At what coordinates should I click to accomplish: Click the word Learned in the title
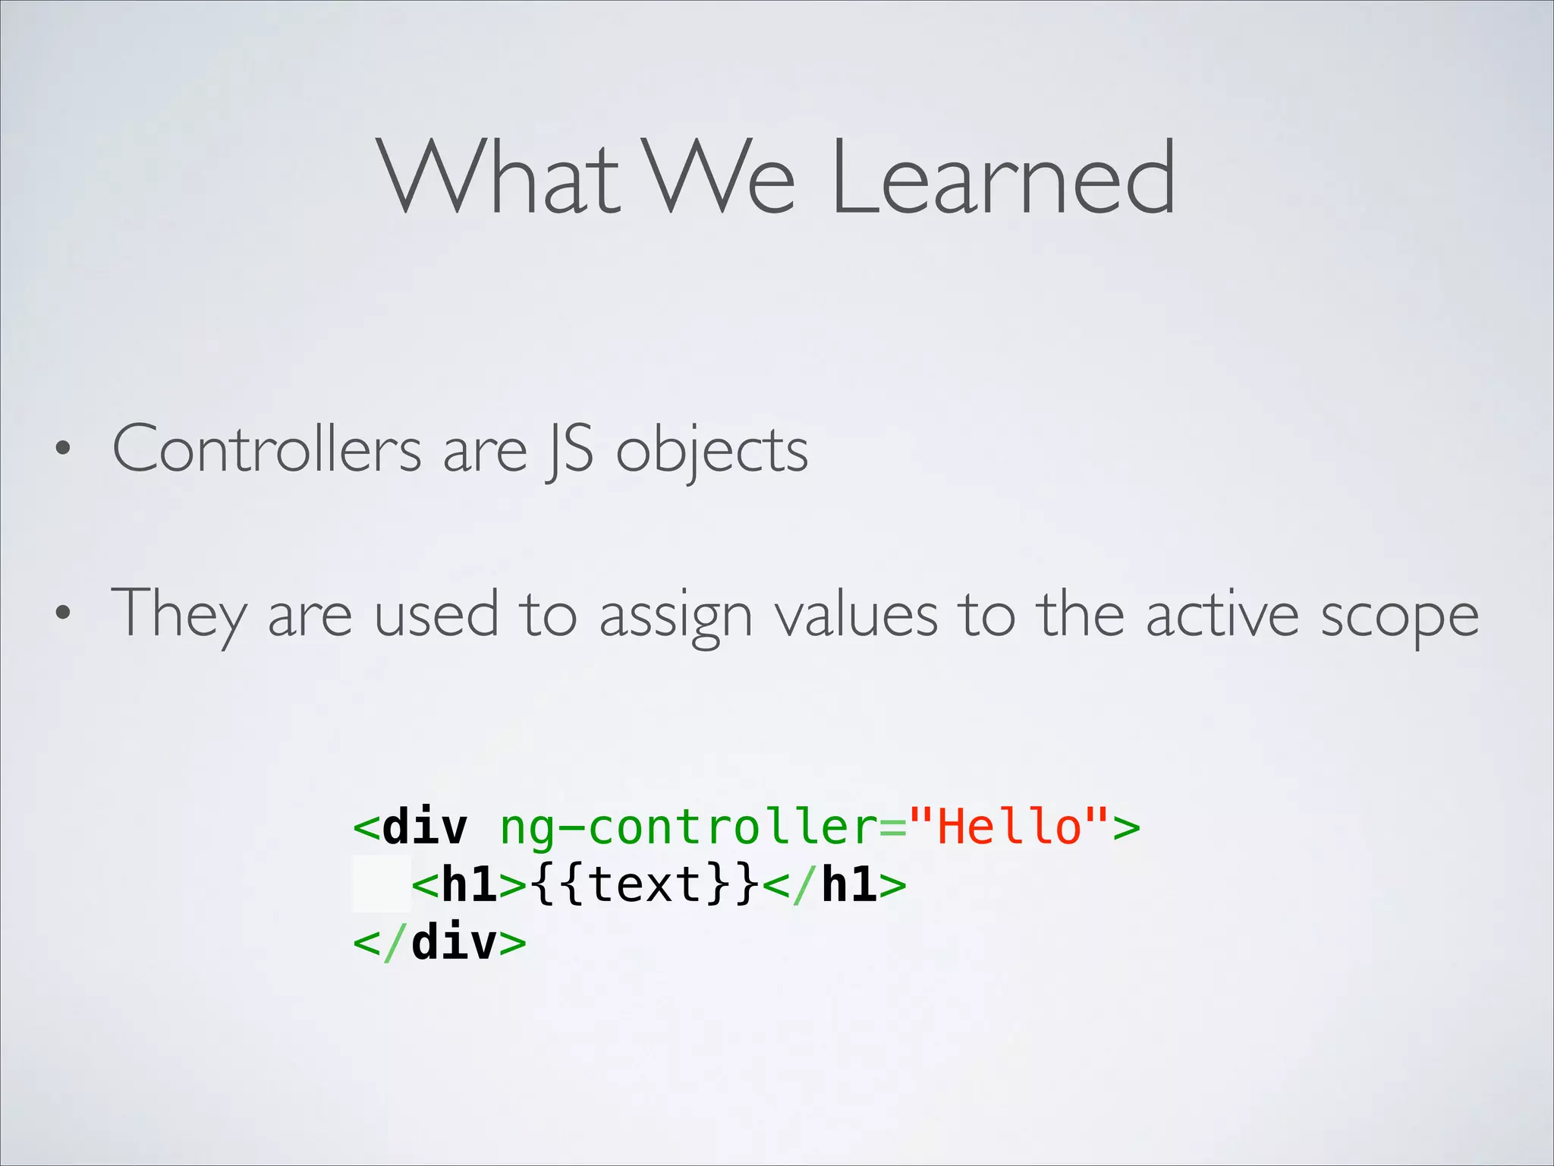(x=1003, y=178)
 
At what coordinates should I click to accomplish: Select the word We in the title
(x=720, y=178)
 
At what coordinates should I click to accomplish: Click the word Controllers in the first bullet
(x=266, y=449)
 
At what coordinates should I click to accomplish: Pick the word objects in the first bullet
(x=712, y=452)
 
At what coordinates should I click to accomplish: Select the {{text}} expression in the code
(x=645, y=884)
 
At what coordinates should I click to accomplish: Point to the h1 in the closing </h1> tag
(x=850, y=884)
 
